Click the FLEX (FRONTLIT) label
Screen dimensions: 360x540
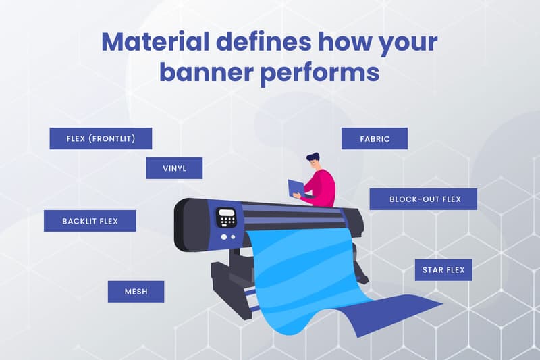[101, 138]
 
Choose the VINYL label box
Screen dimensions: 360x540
[174, 168]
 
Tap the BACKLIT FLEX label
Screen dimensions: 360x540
[90, 221]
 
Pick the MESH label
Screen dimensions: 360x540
[136, 292]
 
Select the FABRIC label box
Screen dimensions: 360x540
[375, 138]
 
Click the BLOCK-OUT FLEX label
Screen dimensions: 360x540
[423, 199]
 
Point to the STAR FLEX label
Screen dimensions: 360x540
[443, 269]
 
